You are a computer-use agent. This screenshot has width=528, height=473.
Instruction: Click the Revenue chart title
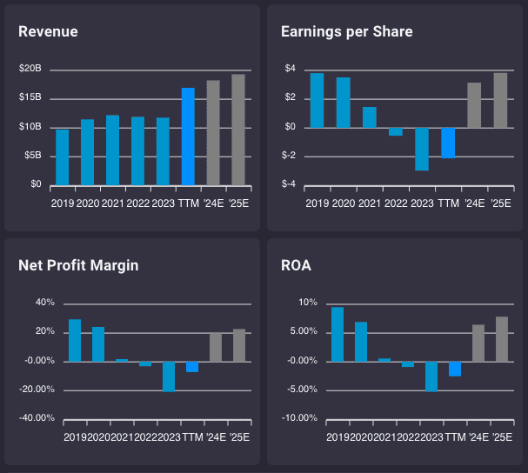(48, 32)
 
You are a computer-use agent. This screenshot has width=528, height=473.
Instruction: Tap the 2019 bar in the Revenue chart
(62, 157)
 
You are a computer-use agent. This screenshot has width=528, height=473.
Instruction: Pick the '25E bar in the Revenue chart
(237, 130)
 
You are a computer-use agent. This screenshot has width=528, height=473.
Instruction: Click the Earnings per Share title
(346, 32)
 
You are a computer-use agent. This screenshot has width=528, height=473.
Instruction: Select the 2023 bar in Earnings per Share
(422, 149)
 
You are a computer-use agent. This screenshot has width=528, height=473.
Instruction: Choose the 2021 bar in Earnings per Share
(370, 117)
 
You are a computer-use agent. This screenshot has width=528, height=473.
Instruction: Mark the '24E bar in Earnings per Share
(474, 105)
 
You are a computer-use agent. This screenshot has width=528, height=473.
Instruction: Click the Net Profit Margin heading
(78, 265)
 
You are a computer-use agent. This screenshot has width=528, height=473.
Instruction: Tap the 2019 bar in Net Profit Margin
(75, 340)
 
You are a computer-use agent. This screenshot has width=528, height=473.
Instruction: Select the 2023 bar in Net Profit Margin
(169, 376)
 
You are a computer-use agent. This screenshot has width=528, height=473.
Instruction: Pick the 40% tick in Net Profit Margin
(44, 303)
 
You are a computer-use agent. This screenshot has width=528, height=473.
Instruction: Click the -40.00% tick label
(38, 418)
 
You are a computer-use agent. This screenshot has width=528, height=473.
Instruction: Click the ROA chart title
(295, 265)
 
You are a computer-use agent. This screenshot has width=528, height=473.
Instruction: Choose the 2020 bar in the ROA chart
(361, 341)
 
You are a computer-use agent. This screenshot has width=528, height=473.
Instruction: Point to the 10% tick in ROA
(309, 303)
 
